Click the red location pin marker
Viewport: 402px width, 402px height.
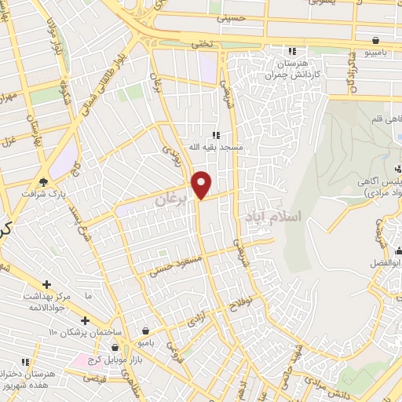click(202, 185)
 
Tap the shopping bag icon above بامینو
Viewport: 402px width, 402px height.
click(378, 40)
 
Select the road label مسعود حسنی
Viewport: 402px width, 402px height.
click(175, 265)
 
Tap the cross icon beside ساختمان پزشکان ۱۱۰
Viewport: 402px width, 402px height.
click(85, 320)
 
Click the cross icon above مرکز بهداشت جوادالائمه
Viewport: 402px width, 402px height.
click(47, 284)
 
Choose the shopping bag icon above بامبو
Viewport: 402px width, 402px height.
click(146, 331)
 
